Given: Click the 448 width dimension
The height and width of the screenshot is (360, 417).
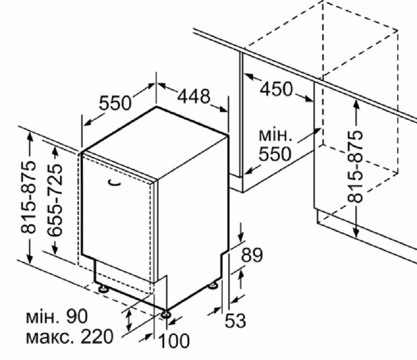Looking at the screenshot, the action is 193,96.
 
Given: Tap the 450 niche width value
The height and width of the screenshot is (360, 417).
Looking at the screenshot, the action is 276,89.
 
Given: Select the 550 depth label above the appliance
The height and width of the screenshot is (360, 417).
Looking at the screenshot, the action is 115,103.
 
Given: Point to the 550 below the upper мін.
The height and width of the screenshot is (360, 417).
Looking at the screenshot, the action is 275,154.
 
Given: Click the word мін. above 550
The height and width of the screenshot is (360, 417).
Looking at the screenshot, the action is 276,136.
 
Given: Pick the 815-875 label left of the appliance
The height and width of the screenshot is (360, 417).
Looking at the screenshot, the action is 28,197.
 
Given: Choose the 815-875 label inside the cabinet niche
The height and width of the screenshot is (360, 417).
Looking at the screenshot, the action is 355,166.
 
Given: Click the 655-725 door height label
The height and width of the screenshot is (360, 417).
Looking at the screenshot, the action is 55,200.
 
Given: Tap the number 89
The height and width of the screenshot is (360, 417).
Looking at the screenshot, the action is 252,255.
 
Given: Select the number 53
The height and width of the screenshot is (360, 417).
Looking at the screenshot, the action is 236,320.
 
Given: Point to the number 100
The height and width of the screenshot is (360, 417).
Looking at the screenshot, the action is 174,340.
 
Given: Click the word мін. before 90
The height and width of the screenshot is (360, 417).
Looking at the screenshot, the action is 42,317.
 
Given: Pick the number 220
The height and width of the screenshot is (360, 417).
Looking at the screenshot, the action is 97,337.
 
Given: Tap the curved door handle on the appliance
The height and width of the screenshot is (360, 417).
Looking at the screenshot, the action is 114,183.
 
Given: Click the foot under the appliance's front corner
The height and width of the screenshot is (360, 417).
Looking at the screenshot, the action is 165,315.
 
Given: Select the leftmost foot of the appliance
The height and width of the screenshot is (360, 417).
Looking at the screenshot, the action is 103,289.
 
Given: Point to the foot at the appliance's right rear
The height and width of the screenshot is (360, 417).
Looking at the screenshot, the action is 213,286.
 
